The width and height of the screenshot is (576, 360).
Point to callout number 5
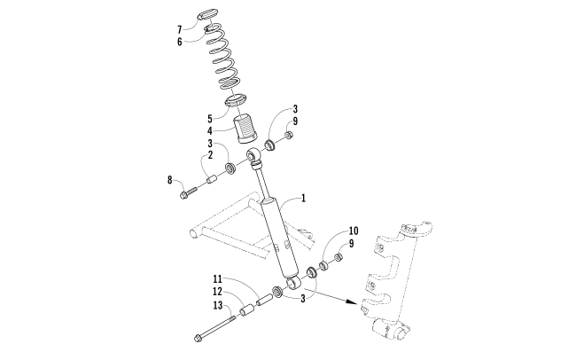pyautogui.click(x=209, y=116)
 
